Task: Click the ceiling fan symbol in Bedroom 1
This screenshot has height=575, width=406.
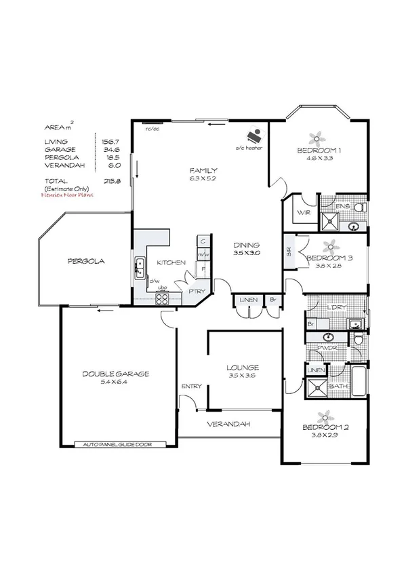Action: [317, 136]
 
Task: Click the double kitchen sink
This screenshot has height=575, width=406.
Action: [140, 266]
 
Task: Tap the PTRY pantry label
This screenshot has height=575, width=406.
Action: [197, 291]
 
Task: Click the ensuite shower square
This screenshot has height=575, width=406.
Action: [330, 220]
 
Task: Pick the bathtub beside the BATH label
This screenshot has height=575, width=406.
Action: [358, 376]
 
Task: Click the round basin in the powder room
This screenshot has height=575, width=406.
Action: [329, 336]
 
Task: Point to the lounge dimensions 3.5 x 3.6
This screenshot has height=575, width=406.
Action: [243, 377]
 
